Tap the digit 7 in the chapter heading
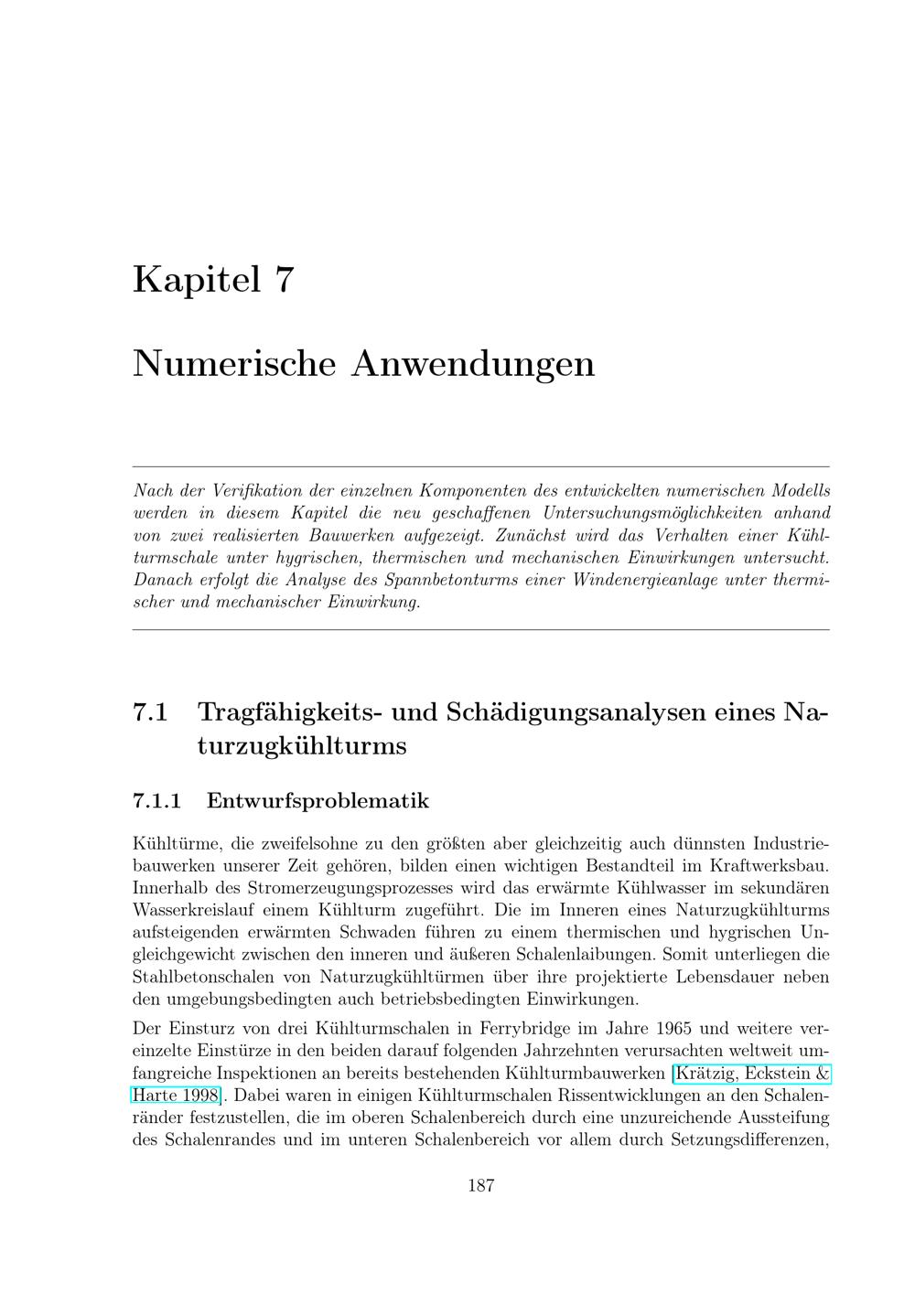coord(284,279)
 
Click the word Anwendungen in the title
coord(473,363)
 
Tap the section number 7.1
coord(150,711)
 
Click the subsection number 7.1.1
coord(157,801)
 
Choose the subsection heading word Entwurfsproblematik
coord(318,801)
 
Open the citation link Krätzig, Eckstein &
coord(751,1073)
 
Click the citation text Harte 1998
coord(176,1095)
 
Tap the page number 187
coord(481,1186)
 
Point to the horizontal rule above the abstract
coord(481,466)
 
